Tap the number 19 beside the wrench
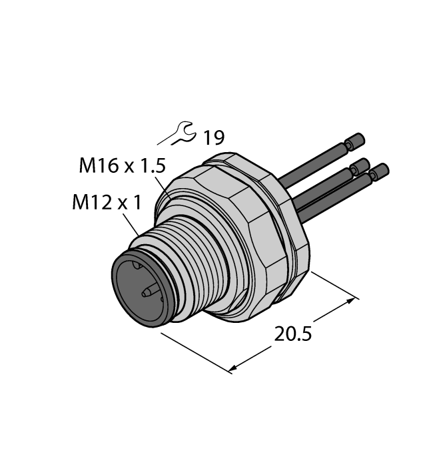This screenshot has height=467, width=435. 213,138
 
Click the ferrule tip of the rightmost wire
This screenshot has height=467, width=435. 380,172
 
